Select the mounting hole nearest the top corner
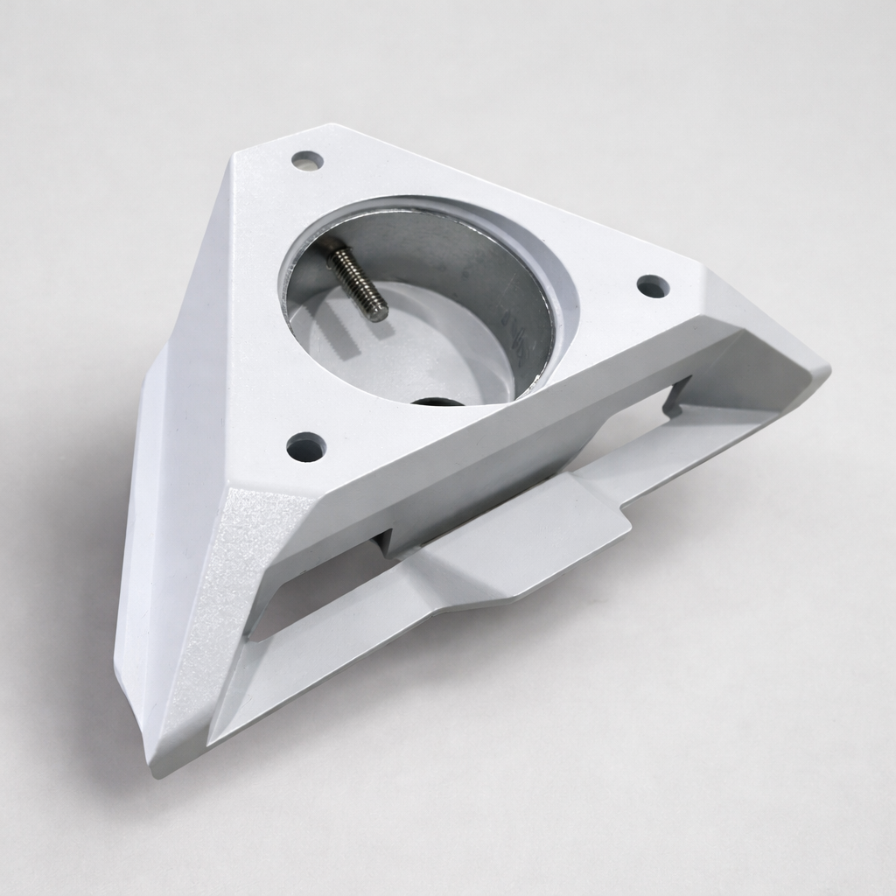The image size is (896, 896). pyautogui.click(x=306, y=161)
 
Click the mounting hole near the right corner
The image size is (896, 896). pyautogui.click(x=652, y=286)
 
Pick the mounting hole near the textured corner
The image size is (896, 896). pyautogui.click(x=305, y=446)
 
